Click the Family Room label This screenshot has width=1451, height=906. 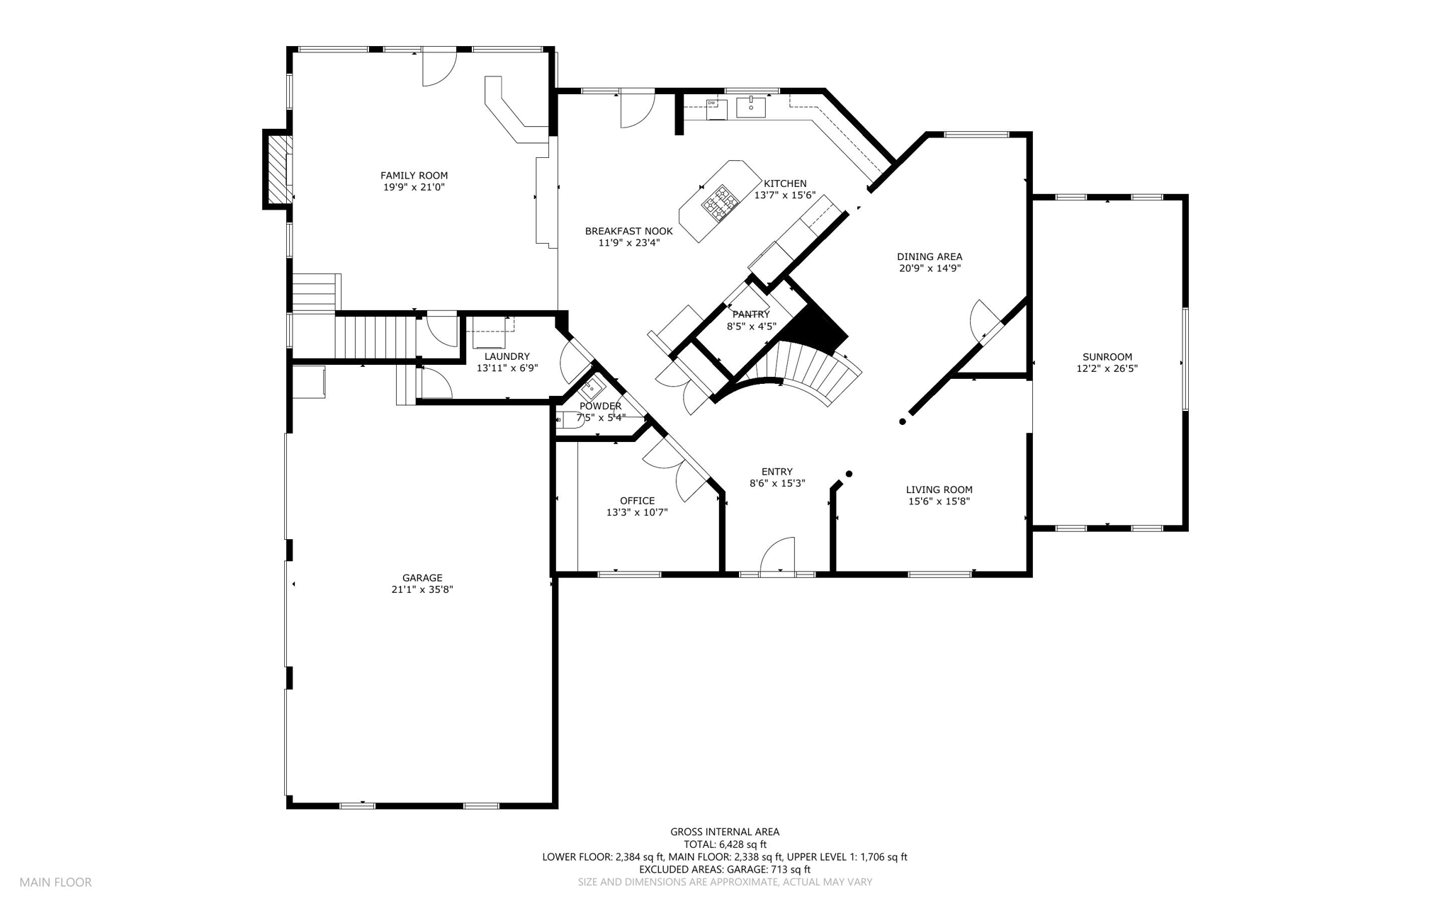pyautogui.click(x=414, y=176)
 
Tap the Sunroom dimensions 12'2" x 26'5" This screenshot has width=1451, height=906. pyautogui.click(x=1107, y=368)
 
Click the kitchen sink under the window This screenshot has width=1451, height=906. pyautogui.click(x=751, y=107)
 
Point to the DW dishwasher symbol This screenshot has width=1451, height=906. pyautogui.click(x=716, y=109)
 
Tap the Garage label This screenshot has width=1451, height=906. pyautogui.click(x=422, y=578)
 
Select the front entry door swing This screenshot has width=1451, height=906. pyautogui.click(x=778, y=555)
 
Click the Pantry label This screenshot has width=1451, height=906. pyautogui.click(x=751, y=315)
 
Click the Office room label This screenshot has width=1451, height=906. pyautogui.click(x=637, y=501)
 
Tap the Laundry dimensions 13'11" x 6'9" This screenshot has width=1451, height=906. pyautogui.click(x=507, y=368)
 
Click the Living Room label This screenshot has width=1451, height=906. pyautogui.click(x=939, y=489)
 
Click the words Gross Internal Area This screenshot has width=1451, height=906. pyautogui.click(x=725, y=832)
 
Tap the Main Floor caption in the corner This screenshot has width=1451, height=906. pyautogui.click(x=55, y=883)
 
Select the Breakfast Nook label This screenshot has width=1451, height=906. pyautogui.click(x=629, y=231)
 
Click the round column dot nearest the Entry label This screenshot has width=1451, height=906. pyautogui.click(x=849, y=474)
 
